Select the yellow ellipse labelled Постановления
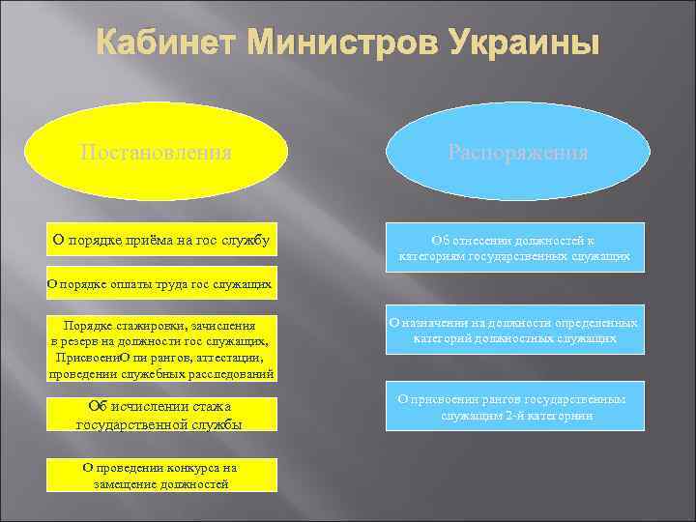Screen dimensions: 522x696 (156, 152)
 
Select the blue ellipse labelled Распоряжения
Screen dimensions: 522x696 (517, 152)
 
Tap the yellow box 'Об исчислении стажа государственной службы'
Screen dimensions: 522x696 (161, 414)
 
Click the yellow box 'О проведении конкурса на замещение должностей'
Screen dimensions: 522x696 (161, 475)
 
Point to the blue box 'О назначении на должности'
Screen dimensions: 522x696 (515, 331)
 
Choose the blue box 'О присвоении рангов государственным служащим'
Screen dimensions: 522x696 (515, 407)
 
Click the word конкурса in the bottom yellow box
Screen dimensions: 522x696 (192, 467)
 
